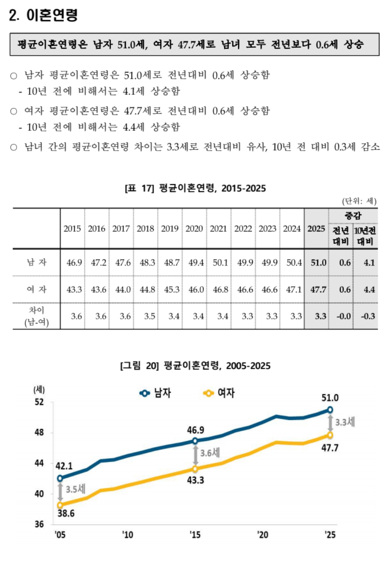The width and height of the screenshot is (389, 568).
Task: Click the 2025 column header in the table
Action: (316, 229)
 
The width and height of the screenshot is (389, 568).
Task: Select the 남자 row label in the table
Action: (37, 263)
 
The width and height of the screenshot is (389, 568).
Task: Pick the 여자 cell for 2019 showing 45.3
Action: (171, 289)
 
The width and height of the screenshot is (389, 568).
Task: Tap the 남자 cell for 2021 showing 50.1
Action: (220, 263)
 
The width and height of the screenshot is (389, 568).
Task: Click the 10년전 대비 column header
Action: (365, 236)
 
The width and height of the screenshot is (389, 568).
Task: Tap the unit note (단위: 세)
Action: (359, 201)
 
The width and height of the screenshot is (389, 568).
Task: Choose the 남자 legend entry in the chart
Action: (156, 393)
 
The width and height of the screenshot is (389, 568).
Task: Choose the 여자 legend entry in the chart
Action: (219, 393)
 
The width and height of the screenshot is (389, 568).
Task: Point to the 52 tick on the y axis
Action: (39, 402)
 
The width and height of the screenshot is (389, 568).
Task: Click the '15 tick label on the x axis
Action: (195, 534)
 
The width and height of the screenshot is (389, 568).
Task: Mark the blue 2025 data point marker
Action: (330, 409)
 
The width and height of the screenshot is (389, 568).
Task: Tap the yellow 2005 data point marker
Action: (60, 505)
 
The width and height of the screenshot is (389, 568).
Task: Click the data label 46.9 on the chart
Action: (195, 430)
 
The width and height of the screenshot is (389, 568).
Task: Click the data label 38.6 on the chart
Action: (66, 513)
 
